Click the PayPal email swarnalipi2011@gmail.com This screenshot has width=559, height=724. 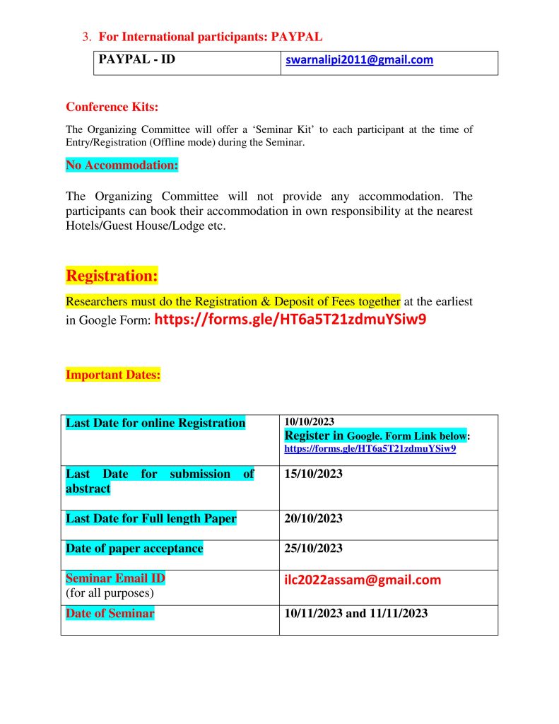pyautogui.click(x=359, y=60)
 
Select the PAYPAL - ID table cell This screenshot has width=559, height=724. pyautogui.click(x=137, y=60)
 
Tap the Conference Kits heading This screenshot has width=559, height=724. pyautogui.click(x=112, y=107)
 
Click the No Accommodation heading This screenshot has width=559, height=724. pyautogui.click(x=122, y=165)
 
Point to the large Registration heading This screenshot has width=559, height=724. pyautogui.click(x=112, y=274)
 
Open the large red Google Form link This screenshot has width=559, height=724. pyautogui.click(x=290, y=319)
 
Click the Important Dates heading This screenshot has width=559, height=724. pyautogui.click(x=113, y=375)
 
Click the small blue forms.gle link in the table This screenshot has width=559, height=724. pyautogui.click(x=370, y=448)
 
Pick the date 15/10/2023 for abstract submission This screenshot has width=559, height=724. pyautogui.click(x=313, y=474)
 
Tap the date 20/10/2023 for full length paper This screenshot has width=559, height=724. pyautogui.click(x=313, y=518)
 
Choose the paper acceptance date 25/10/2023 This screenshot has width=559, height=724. pyautogui.click(x=313, y=548)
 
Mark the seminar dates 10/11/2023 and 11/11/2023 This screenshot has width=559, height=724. pyautogui.click(x=355, y=613)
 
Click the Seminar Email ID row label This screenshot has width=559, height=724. pyautogui.click(x=115, y=578)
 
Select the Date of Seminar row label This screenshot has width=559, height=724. pyautogui.click(x=110, y=613)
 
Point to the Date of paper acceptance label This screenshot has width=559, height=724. pyautogui.click(x=134, y=548)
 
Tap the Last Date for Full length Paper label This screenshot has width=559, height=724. pyautogui.click(x=151, y=518)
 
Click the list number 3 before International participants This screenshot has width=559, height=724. pyautogui.click(x=87, y=36)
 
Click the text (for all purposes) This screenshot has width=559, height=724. pyautogui.click(x=110, y=592)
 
